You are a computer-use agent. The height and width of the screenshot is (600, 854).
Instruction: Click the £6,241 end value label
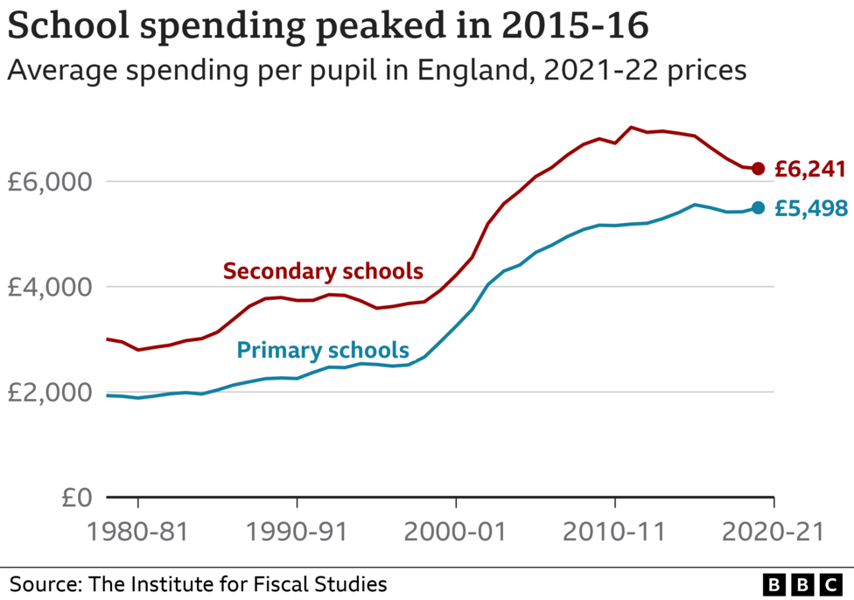coord(809,169)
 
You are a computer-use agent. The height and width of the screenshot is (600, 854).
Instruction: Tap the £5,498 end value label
coord(809,208)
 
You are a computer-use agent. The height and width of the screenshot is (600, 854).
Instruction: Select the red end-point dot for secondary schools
coord(759,169)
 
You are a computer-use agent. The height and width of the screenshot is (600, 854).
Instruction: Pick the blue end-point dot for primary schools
coord(759,207)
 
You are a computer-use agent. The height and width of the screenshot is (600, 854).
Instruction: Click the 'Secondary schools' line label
coord(323,271)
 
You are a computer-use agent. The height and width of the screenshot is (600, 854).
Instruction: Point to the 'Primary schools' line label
coord(323,351)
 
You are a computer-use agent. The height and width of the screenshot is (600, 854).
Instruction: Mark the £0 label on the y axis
coord(77,498)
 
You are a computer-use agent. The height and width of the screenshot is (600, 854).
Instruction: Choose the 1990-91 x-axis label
coord(297,533)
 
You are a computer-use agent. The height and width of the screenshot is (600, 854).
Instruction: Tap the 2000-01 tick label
coord(456,533)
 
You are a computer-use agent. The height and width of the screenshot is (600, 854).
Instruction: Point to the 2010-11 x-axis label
coord(615,533)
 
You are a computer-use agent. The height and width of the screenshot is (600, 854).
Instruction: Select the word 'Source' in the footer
coord(41,583)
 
